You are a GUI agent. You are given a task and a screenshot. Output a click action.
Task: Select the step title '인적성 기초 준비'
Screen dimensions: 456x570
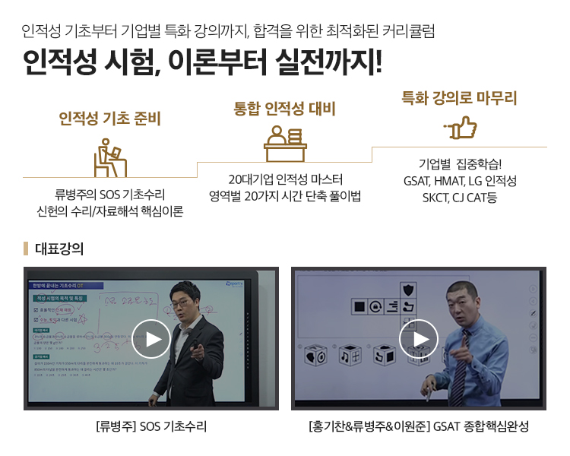click(x=109, y=119)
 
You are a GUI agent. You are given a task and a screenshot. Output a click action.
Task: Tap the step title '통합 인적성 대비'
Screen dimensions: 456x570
click(x=284, y=108)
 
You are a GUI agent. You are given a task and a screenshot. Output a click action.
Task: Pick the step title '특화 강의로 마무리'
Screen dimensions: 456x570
click(x=459, y=98)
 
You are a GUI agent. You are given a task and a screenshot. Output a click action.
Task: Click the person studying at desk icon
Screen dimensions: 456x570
click(x=109, y=157)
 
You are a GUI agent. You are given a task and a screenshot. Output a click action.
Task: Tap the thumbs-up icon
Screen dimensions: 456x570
click(x=459, y=128)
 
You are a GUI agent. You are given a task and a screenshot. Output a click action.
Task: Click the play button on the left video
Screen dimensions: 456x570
click(x=151, y=338)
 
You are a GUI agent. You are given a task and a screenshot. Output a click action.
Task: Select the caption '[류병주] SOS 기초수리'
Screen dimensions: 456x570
click(x=151, y=426)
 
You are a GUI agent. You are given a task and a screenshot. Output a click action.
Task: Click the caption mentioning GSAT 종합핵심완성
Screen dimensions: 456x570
click(x=419, y=426)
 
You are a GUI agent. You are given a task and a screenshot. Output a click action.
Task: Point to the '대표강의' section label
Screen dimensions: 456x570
click(x=59, y=249)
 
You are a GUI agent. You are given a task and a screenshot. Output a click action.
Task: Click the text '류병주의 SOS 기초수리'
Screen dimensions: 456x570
click(x=109, y=195)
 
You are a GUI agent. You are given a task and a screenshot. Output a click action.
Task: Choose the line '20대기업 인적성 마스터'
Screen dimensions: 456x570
click(x=285, y=180)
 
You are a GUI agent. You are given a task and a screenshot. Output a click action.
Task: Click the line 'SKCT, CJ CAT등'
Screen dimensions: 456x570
click(x=460, y=198)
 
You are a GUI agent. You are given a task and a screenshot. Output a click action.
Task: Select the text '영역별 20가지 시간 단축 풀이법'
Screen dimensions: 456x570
click(x=285, y=196)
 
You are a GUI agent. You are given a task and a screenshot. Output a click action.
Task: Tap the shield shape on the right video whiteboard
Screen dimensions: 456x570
click(x=408, y=289)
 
